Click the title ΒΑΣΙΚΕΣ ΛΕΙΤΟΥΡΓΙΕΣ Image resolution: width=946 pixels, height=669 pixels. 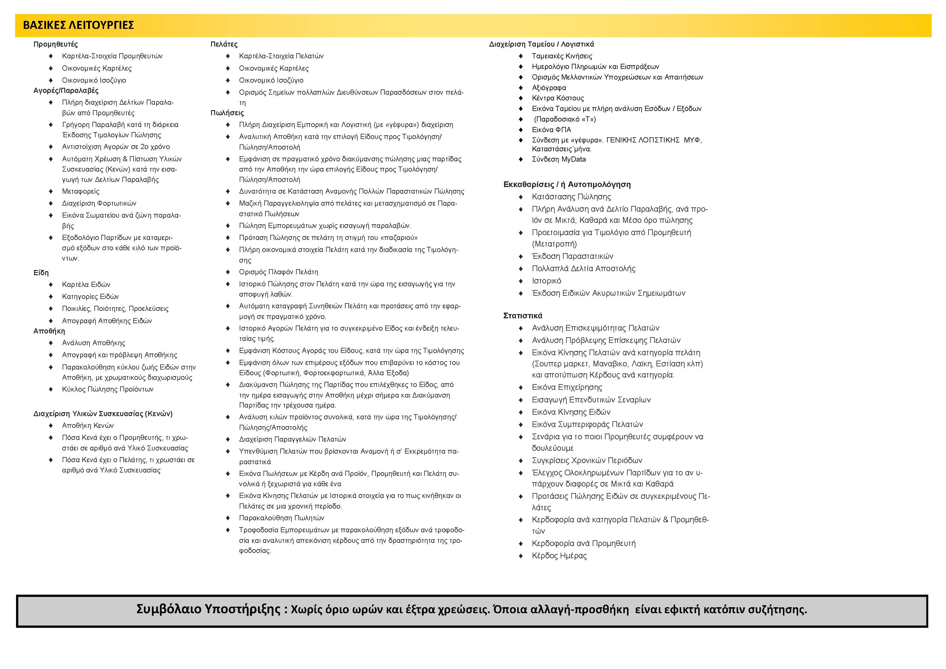(x=78, y=25)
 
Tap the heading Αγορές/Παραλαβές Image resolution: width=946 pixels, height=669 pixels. (x=66, y=91)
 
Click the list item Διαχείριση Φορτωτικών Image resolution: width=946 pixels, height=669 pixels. (x=99, y=203)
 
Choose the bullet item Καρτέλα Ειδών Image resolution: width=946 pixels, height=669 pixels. (x=86, y=285)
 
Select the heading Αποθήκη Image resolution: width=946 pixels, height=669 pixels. (x=49, y=331)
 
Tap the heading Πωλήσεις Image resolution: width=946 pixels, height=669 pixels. (x=227, y=113)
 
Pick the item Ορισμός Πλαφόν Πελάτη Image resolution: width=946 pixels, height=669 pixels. (x=279, y=272)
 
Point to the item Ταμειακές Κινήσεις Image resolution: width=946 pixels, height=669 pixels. (x=562, y=56)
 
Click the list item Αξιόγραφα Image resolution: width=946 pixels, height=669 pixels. (x=549, y=88)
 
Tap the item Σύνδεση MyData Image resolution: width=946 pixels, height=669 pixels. (x=559, y=159)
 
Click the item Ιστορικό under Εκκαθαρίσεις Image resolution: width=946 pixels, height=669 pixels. (x=546, y=281)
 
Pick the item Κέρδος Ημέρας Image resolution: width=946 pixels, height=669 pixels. (x=559, y=556)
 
